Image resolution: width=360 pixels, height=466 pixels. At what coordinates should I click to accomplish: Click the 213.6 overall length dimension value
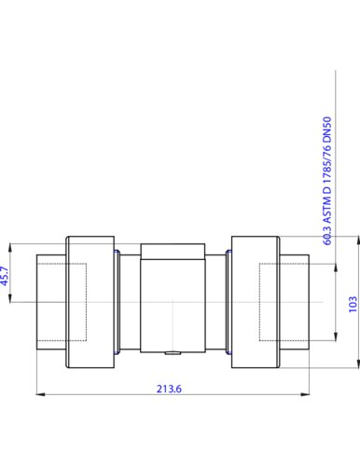click(x=169, y=389)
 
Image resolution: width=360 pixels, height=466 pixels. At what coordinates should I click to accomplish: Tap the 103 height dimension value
click(x=353, y=305)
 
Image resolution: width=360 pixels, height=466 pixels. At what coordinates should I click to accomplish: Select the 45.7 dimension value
click(x=6, y=276)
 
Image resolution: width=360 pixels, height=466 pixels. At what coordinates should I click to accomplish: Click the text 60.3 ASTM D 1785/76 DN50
click(x=327, y=181)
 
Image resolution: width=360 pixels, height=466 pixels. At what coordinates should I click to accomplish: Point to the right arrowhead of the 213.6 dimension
click(x=305, y=394)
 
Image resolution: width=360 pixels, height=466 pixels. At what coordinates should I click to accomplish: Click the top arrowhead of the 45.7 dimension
click(x=10, y=248)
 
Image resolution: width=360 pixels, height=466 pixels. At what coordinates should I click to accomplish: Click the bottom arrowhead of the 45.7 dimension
click(x=10, y=297)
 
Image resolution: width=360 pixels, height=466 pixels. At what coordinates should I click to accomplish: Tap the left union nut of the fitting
click(x=90, y=302)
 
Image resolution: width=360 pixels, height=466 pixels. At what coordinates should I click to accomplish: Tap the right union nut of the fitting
click(x=256, y=302)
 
